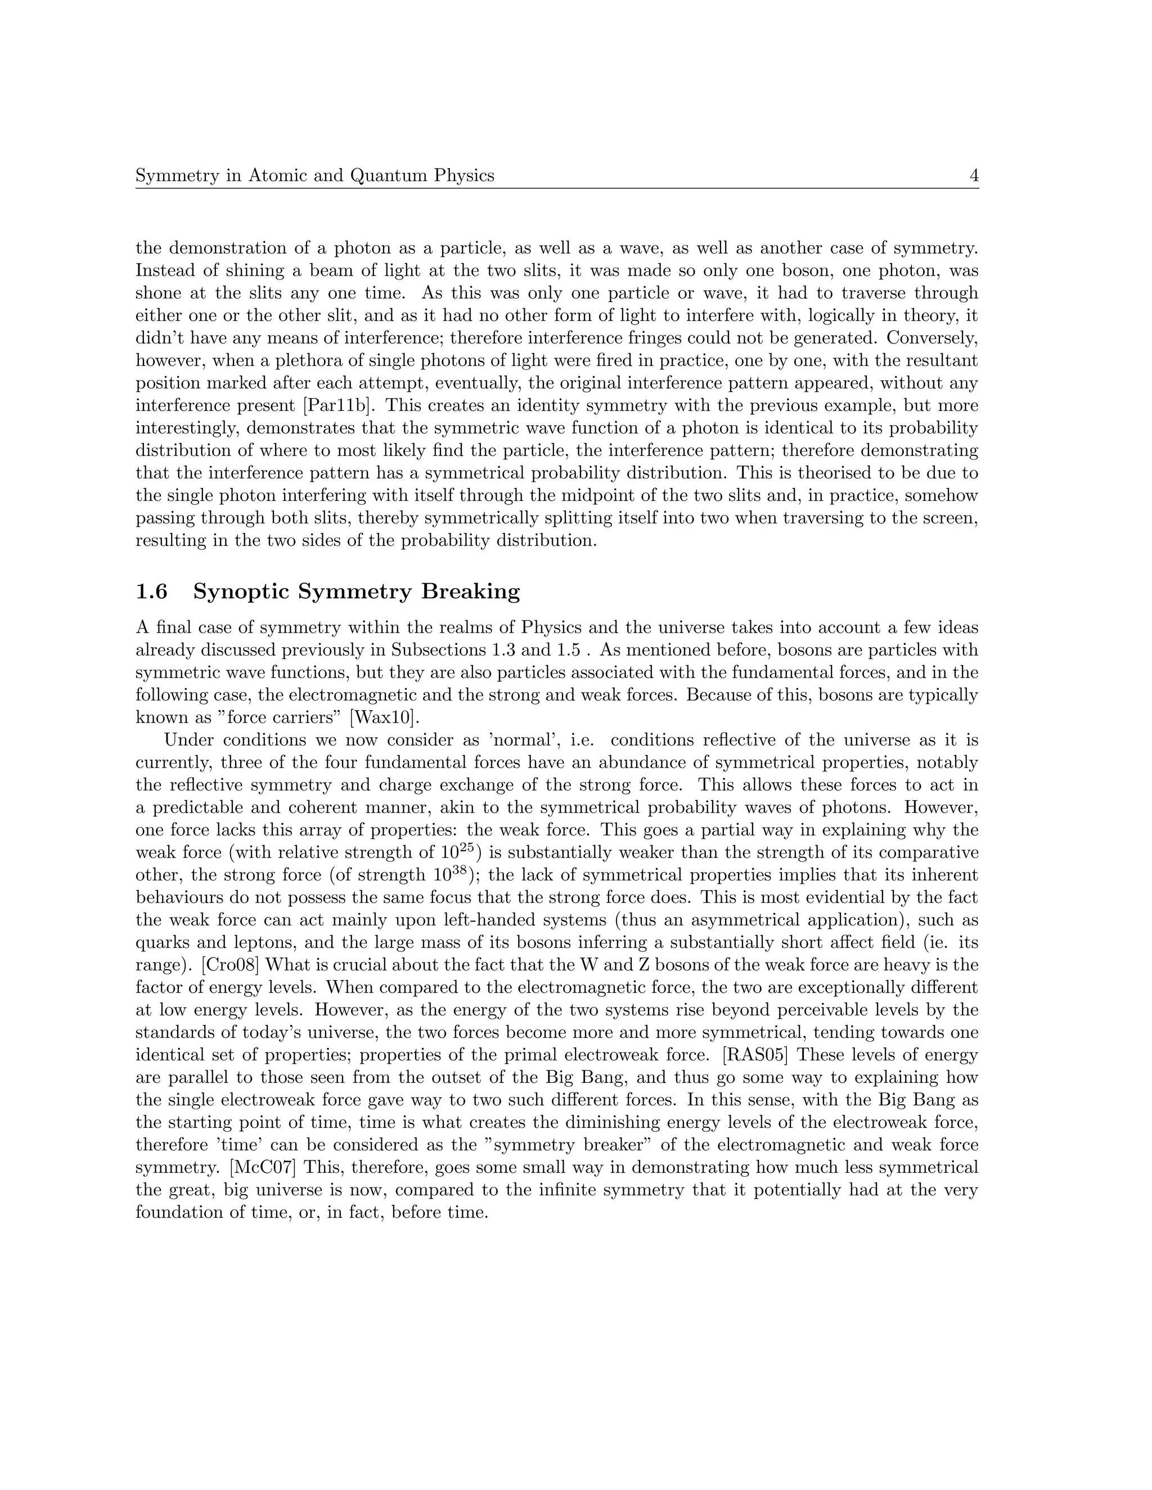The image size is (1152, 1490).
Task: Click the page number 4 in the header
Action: (974, 176)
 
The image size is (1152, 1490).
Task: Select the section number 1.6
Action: (151, 592)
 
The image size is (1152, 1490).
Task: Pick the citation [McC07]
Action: (263, 1168)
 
